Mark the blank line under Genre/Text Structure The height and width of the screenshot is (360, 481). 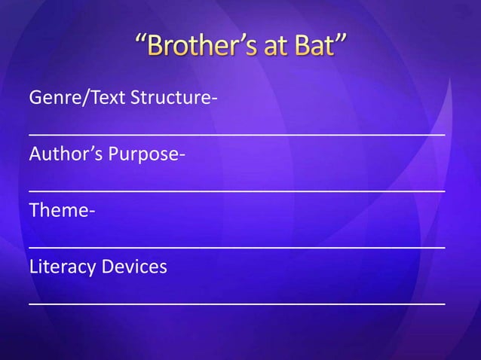[x=237, y=134]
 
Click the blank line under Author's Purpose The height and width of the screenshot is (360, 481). [x=237, y=191]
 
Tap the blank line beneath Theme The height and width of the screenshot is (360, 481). [x=237, y=246]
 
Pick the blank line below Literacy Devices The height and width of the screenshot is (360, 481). [x=237, y=303]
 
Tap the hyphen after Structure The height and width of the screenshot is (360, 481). [x=205, y=101]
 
